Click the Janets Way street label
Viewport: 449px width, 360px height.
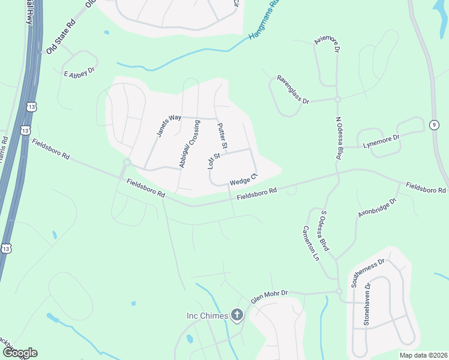coord(169,125)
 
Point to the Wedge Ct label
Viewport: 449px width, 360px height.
coord(243,179)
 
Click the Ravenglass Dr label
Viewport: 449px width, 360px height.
coord(292,89)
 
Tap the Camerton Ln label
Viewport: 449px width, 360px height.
coord(310,243)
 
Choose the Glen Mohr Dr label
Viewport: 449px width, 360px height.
coord(269,296)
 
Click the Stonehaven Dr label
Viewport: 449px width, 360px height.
coord(366,307)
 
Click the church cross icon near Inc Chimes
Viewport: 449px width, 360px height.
coord(237,315)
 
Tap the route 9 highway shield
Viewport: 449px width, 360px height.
coord(433,124)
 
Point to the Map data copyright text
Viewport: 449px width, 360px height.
coord(424,355)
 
